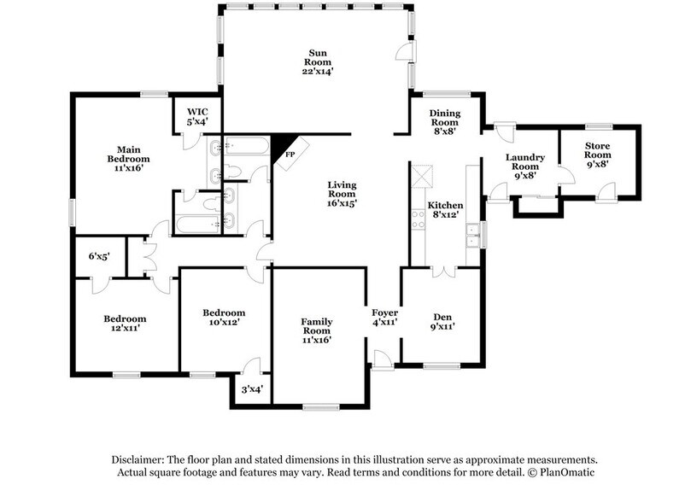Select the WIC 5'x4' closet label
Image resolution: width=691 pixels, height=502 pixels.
coord(197,117)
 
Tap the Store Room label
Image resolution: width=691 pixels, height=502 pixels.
coord(597,155)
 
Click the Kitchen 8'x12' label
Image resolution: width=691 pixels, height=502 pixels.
coord(445,211)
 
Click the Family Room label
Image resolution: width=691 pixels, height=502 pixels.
coord(316,330)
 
